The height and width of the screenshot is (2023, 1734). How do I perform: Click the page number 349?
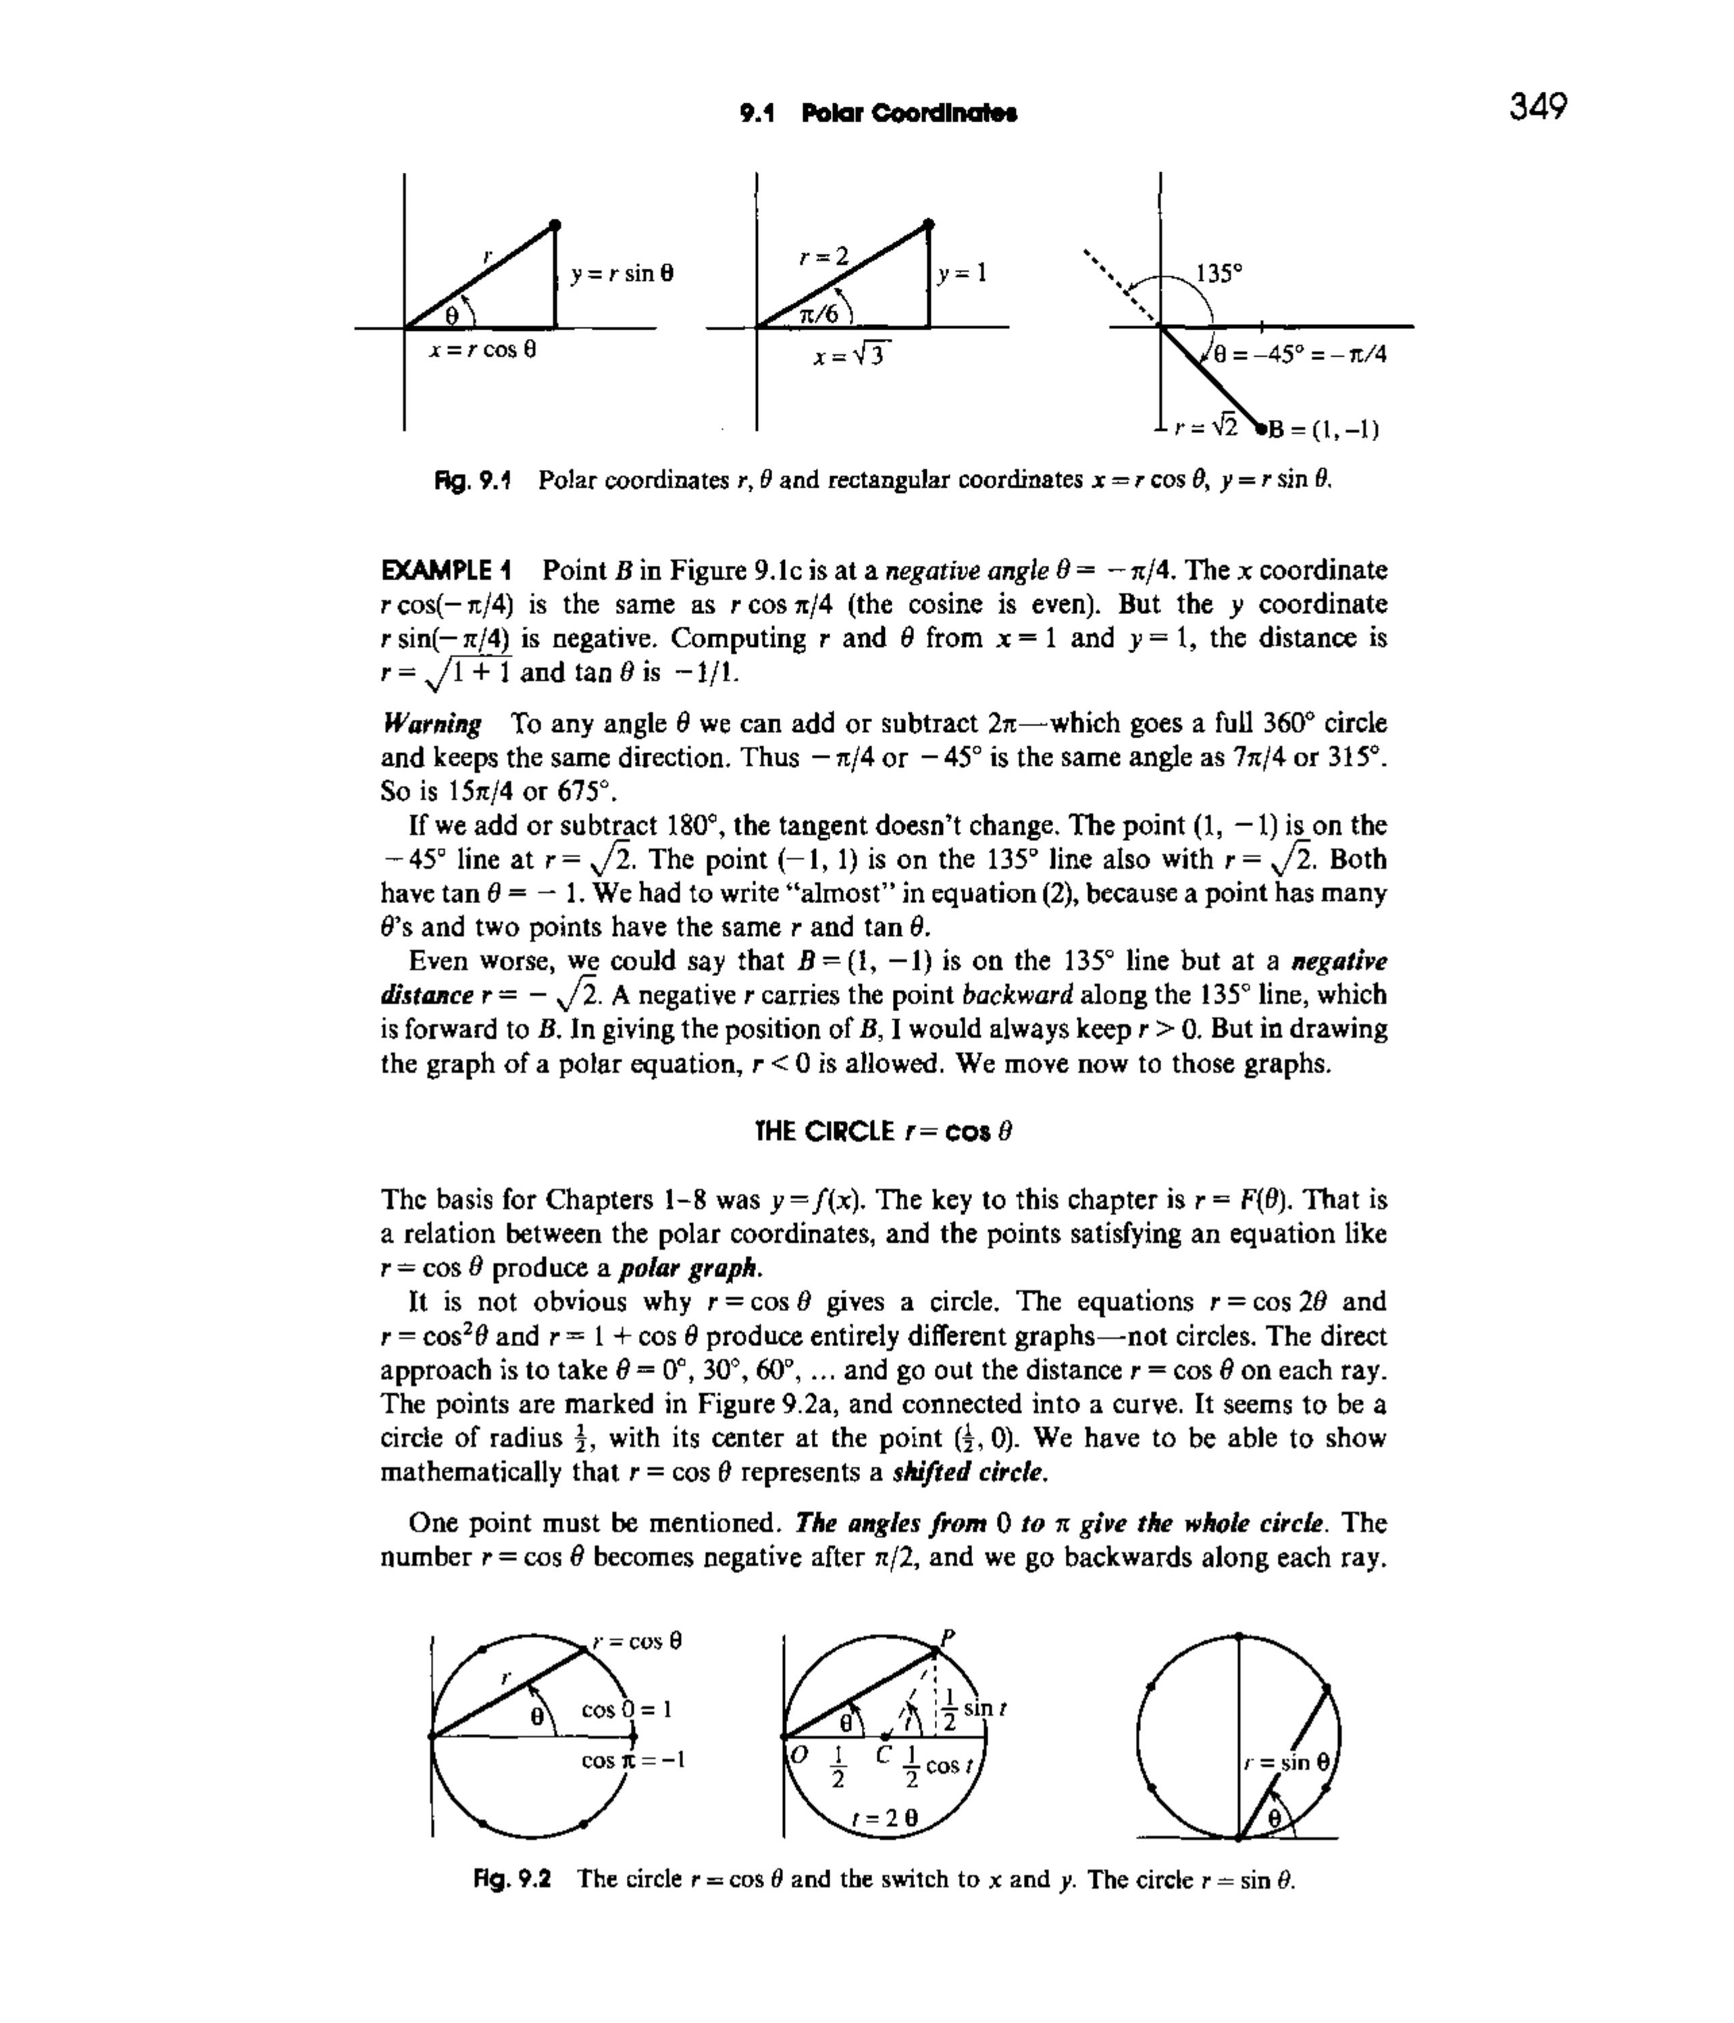point(1537,105)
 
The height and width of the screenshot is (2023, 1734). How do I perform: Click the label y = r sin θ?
point(622,274)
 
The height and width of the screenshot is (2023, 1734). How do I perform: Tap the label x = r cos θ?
point(483,349)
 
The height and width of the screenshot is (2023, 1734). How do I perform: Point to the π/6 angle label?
point(818,313)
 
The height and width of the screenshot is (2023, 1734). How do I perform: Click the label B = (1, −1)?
point(1322,430)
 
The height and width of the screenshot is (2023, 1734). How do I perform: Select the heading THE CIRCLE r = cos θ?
point(884,1131)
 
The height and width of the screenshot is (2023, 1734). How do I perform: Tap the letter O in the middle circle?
point(798,1753)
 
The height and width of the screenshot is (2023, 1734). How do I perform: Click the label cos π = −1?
point(633,1760)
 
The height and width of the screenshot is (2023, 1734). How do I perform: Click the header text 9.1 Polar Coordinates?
point(879,113)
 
